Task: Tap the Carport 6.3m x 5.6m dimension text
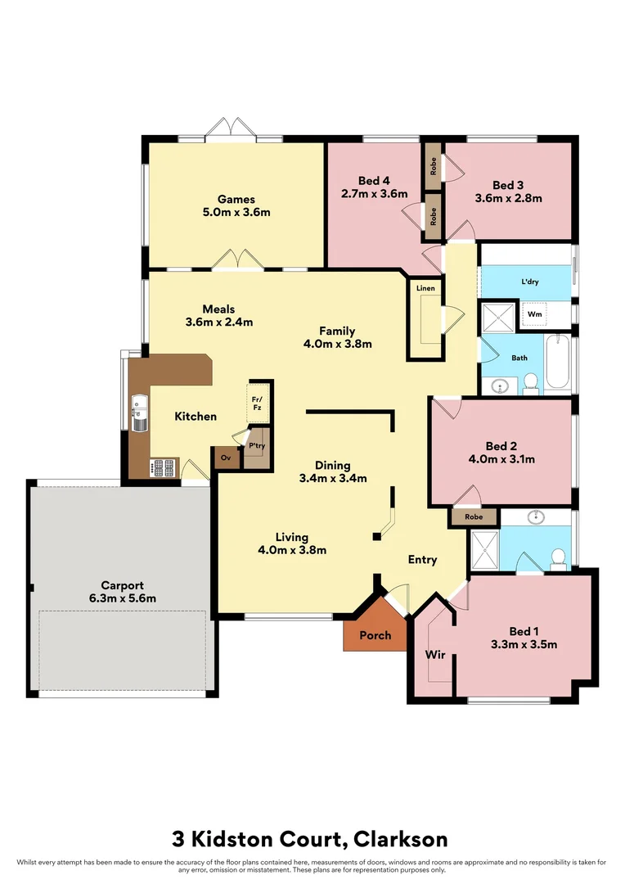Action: point(122,598)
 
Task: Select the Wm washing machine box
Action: point(534,314)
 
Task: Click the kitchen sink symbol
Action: point(138,414)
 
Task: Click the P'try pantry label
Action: point(257,446)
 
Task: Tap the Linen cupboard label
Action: point(425,289)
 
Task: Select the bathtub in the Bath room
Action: point(560,363)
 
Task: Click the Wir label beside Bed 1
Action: point(434,655)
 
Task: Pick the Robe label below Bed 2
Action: point(474,517)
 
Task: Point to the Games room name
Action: point(236,199)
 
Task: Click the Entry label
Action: point(423,560)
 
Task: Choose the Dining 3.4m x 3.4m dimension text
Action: point(333,478)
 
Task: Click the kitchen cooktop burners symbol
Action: point(163,468)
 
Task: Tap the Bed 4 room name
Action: point(374,181)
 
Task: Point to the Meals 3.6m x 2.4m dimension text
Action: point(219,322)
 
